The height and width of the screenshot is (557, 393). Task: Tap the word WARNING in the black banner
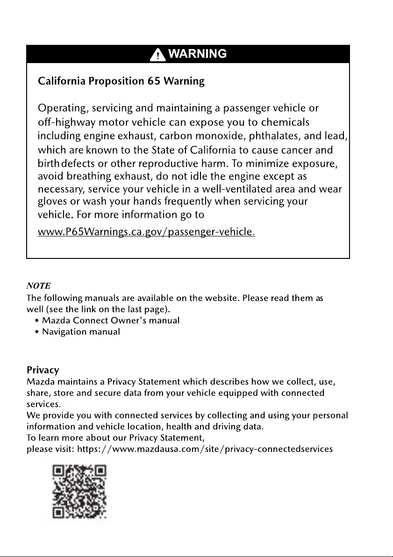coord(197,54)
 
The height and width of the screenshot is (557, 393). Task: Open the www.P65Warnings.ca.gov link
coord(146,232)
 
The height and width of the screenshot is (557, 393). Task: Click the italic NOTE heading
coord(38,286)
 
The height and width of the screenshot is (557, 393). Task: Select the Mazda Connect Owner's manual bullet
coord(110,321)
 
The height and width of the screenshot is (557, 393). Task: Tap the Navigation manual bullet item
coord(81,332)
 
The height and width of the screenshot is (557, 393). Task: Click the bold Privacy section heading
coord(43,370)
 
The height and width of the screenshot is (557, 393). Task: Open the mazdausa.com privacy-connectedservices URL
coord(205,449)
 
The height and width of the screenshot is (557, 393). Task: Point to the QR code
coord(79,492)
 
